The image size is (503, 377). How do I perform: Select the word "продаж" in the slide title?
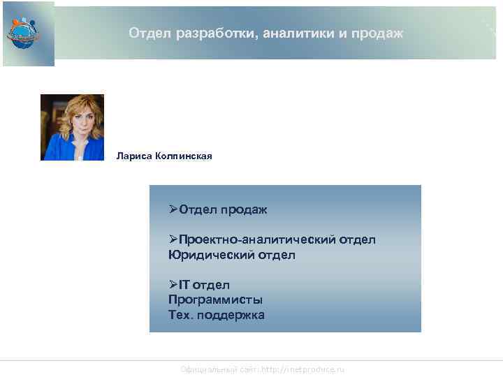pos(379,34)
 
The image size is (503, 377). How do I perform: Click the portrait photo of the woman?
pos(72,127)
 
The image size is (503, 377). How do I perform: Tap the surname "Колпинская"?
pos(184,156)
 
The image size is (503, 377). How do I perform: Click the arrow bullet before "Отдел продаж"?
pos(173,209)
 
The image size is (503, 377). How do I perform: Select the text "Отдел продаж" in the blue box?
pos(223,209)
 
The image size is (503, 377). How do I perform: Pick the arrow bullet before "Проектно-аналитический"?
pos(173,239)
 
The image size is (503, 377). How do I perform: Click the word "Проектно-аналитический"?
pos(258,239)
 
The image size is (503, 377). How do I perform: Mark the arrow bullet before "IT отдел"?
pos(173,285)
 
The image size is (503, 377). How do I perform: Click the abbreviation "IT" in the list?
pos(184,285)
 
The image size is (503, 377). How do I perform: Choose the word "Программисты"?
pos(215,300)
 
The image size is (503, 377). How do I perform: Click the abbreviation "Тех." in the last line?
pos(182,315)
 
